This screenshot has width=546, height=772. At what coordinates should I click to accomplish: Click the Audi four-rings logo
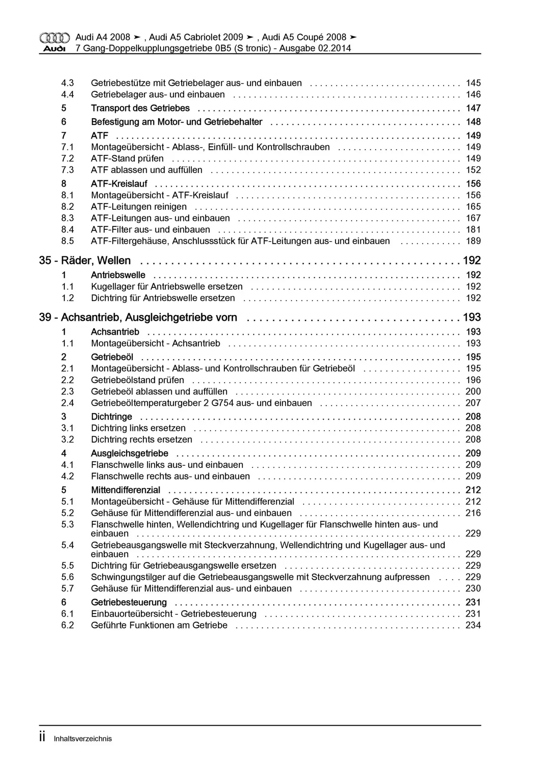[x=54, y=38]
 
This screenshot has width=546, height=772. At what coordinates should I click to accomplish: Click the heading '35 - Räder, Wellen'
[x=85, y=261]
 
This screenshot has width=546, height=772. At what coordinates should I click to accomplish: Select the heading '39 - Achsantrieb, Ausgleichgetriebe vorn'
[x=138, y=317]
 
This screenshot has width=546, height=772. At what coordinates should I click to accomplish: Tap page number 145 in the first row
[x=473, y=83]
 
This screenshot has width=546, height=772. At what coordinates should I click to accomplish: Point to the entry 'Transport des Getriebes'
[x=140, y=108]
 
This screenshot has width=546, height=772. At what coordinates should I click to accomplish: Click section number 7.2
[x=67, y=158]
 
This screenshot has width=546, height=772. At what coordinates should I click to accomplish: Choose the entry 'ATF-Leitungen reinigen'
[x=139, y=207]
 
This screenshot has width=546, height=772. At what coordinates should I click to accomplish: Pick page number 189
[x=473, y=241]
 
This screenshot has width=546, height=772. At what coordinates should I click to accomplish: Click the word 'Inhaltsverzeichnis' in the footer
[x=82, y=739]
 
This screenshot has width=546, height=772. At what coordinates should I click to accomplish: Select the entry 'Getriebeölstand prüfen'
[x=137, y=380]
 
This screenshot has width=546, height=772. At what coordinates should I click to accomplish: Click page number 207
[x=473, y=403]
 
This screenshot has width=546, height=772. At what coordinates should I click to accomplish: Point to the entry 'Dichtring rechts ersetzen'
[x=141, y=439]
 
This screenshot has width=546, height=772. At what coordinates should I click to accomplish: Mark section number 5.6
[x=67, y=577]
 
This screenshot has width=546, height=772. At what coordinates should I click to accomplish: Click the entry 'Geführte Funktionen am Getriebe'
[x=159, y=625]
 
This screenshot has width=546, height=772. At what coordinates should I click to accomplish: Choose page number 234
[x=473, y=625]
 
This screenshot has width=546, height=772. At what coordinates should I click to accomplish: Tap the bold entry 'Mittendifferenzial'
[x=126, y=490]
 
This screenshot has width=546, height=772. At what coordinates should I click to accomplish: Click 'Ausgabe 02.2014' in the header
[x=315, y=48]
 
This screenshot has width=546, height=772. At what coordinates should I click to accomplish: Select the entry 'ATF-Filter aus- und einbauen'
[x=150, y=230]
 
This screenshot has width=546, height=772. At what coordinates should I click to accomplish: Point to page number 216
[x=473, y=513]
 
